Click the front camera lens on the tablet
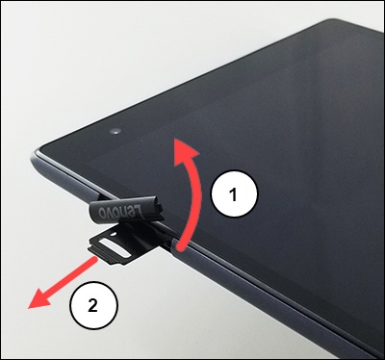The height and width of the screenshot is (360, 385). click(x=115, y=131)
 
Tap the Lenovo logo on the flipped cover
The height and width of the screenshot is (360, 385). click(x=120, y=211)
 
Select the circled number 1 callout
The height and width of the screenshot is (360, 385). click(x=234, y=194)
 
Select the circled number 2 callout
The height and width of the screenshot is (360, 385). click(x=92, y=305)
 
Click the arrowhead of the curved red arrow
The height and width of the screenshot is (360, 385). click(x=186, y=151)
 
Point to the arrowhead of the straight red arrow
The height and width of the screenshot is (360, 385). click(x=38, y=300)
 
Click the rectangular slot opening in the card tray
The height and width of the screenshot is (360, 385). click(x=114, y=246)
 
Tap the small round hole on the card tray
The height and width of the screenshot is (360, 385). click(x=112, y=235)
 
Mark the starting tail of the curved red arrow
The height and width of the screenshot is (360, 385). click(x=180, y=247)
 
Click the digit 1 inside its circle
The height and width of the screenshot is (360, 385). click(x=234, y=194)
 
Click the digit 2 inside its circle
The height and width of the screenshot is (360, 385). click(x=92, y=305)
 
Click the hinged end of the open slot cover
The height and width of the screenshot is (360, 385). click(x=160, y=211)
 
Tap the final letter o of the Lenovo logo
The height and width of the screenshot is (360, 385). click(x=103, y=212)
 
